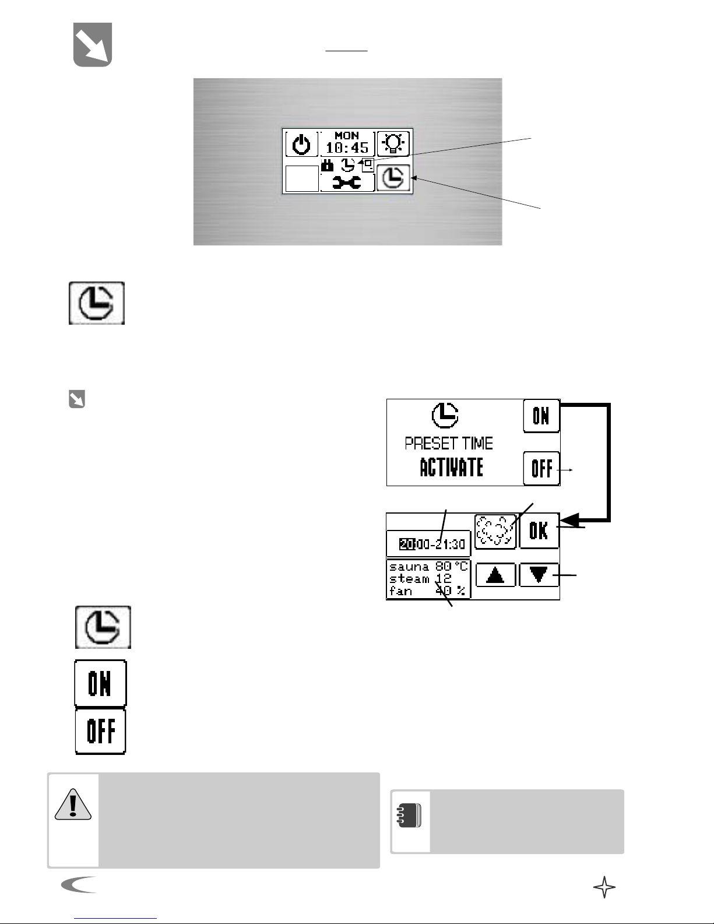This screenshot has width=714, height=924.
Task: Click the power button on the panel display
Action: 301,144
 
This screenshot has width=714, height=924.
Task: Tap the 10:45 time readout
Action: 347,148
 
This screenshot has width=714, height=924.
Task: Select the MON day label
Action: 347,135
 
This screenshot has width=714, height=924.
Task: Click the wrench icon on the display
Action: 347,182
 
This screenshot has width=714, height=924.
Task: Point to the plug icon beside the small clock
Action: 328,166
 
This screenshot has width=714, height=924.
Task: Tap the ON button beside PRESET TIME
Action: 541,416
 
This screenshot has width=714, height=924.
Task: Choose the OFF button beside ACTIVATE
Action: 541,468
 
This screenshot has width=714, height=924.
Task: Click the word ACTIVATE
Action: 451,468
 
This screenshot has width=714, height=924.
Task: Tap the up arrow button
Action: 495,575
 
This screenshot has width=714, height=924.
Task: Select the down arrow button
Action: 539,575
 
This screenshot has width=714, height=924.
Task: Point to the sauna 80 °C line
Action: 428,567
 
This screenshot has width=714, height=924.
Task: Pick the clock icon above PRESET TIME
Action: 445,416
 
